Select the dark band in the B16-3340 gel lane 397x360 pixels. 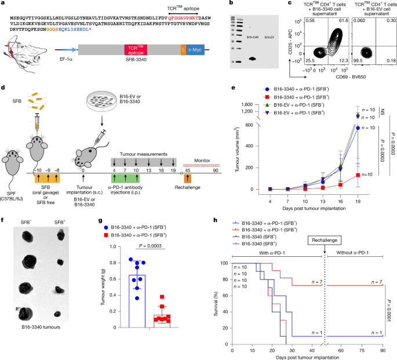click(x=252, y=59)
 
